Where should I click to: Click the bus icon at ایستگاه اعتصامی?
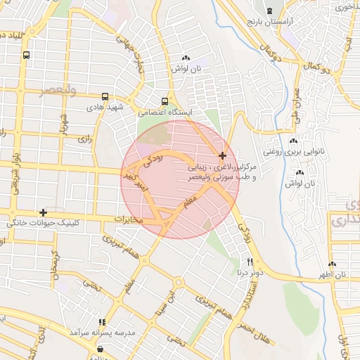(165, 101)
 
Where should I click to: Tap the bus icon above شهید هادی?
(105, 97)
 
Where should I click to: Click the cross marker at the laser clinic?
(223, 155)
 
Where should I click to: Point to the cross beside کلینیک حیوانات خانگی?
(44, 212)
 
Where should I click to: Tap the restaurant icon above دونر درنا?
(240, 262)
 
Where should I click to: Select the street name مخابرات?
(129, 221)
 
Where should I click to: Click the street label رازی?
(84, 139)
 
